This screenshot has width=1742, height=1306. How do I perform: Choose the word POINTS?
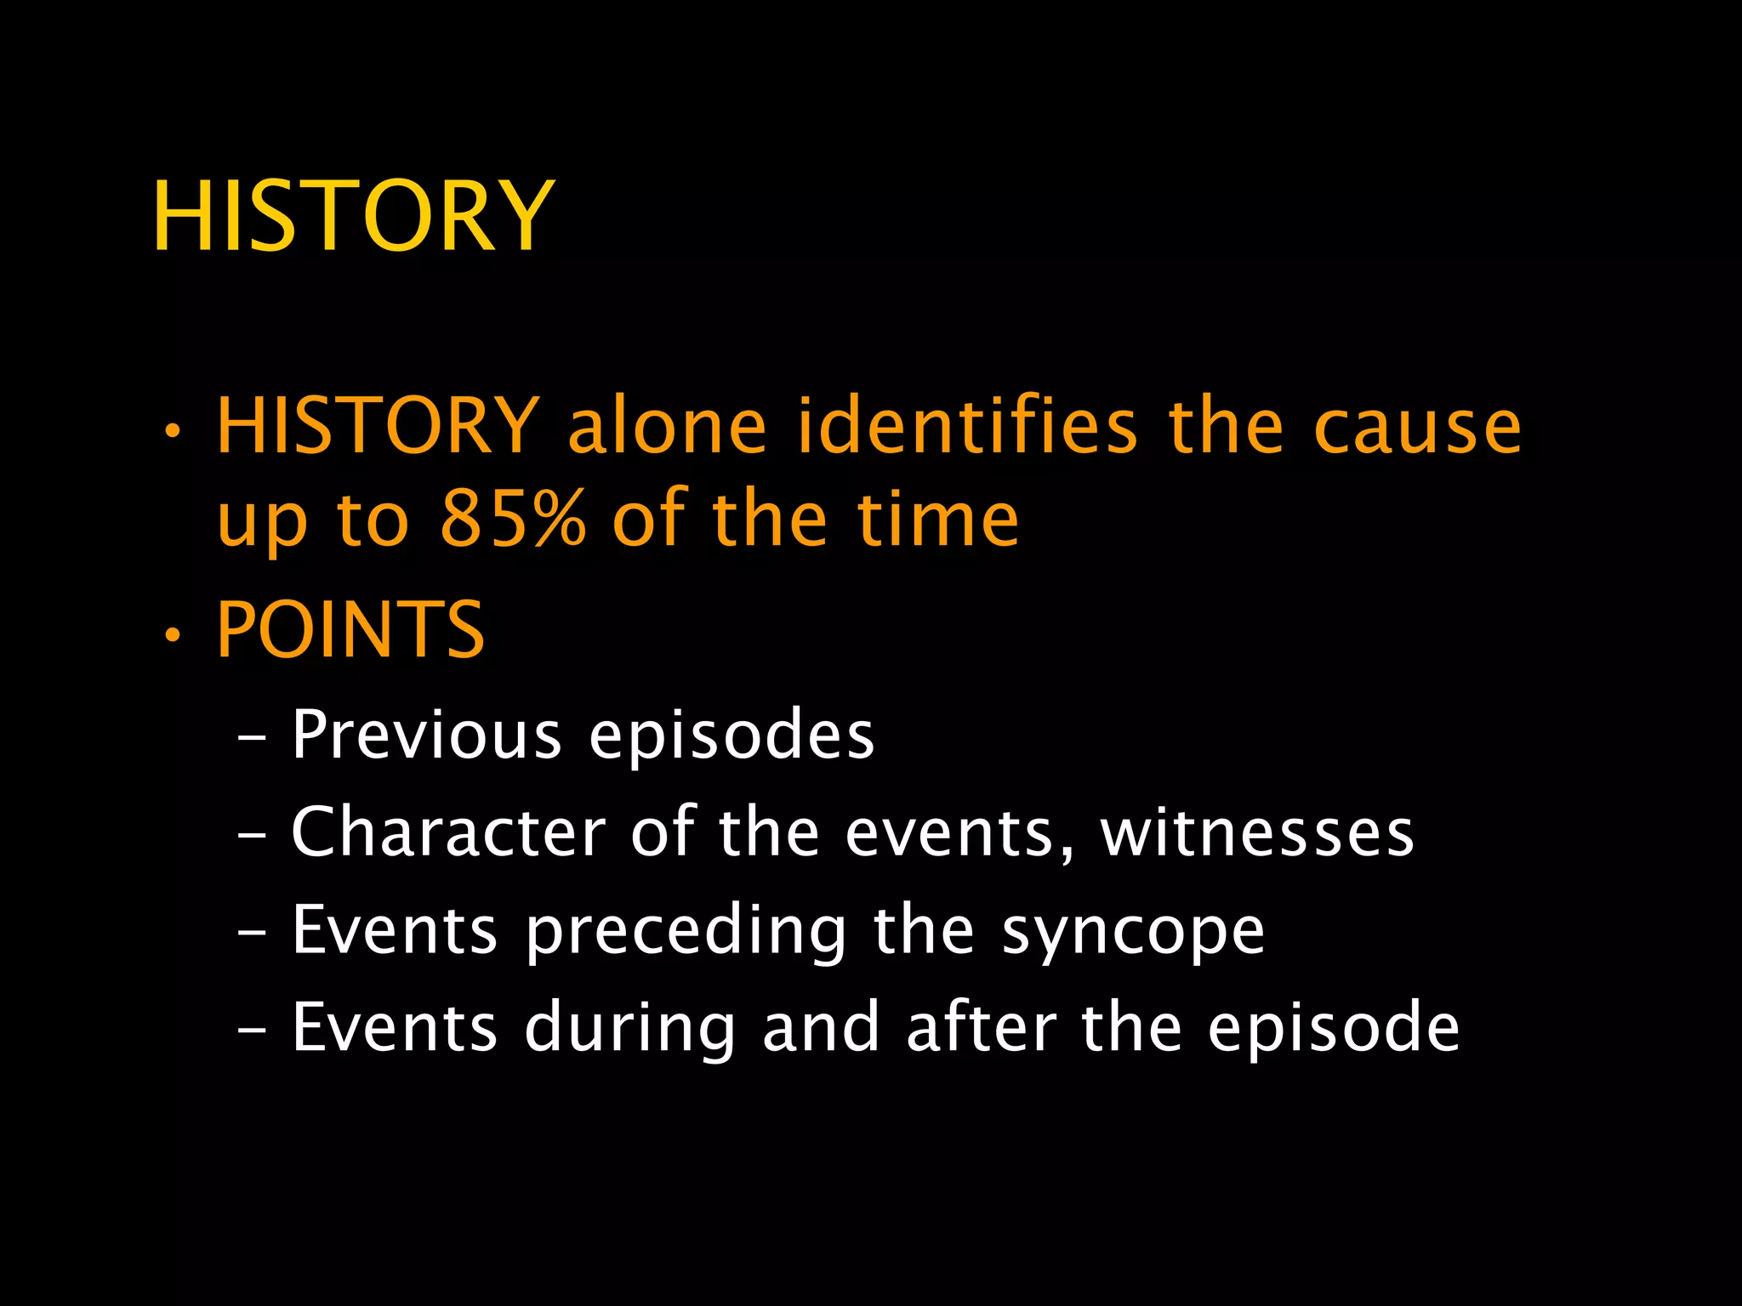[x=350, y=629]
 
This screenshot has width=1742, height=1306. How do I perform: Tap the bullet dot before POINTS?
[x=173, y=634]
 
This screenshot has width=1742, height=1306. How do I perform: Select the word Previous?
[x=426, y=734]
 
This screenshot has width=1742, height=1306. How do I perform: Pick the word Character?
[x=448, y=832]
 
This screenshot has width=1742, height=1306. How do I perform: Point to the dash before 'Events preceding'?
[x=252, y=933]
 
